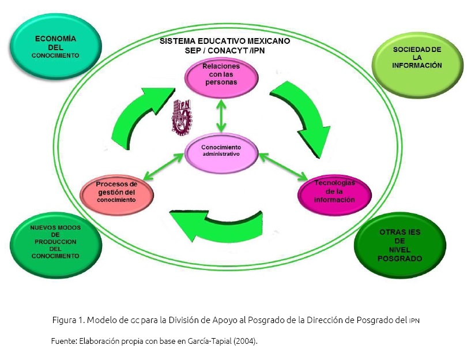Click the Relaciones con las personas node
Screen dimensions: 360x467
point(221,75)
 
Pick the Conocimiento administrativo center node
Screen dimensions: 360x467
point(221,151)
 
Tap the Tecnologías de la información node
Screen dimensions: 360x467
point(334,191)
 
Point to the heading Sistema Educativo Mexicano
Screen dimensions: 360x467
point(225,42)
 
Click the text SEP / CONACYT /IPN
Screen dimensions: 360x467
point(224,51)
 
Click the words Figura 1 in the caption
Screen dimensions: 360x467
point(67,320)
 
